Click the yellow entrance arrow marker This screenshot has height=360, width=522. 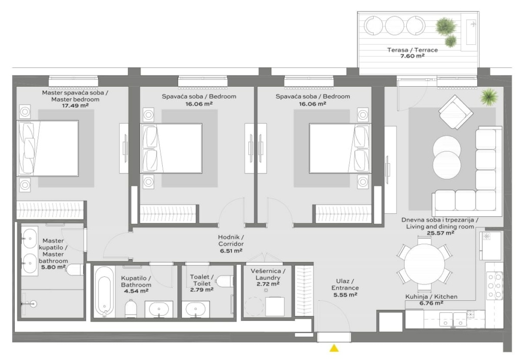(334, 348)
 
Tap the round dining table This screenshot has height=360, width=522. (425, 263)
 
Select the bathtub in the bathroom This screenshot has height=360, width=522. (104, 291)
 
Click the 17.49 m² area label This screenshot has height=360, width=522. (75, 106)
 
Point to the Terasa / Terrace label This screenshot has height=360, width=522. (412, 50)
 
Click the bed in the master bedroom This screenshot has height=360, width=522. (48, 148)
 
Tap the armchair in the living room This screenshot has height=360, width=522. (455, 112)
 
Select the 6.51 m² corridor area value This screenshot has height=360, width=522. (231, 251)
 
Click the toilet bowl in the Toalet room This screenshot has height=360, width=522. (224, 281)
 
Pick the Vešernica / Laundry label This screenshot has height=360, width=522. (268, 274)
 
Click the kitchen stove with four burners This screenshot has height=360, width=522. (494, 286)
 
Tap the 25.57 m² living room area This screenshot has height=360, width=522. (440, 233)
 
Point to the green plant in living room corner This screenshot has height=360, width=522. (489, 96)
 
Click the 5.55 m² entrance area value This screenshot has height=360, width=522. (345, 295)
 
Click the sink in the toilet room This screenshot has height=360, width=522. (196, 310)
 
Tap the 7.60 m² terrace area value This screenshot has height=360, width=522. (412, 56)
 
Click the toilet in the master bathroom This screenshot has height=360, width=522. (74, 270)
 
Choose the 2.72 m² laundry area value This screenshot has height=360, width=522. (268, 284)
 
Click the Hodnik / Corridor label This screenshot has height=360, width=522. (231, 241)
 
